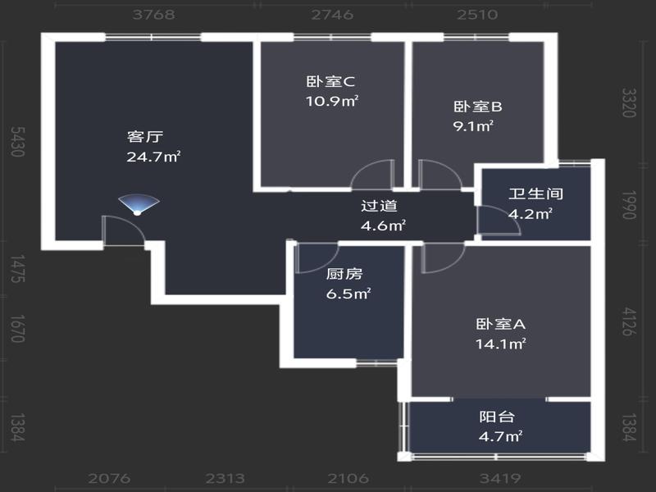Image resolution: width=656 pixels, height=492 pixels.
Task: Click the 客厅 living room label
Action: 145,137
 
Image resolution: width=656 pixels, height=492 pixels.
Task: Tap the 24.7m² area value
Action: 153,157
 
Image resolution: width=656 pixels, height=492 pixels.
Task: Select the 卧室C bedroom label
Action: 330,81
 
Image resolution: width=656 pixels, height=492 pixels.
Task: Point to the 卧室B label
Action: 478,107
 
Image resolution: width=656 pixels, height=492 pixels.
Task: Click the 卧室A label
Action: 500,324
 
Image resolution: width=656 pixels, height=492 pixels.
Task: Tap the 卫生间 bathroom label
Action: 536,194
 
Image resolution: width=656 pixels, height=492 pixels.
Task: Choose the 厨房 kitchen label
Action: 344,274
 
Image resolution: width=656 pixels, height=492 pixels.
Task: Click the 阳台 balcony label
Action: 497,417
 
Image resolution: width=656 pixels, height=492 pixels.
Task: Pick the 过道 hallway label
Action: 379,206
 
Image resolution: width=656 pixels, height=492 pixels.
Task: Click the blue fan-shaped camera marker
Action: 139,204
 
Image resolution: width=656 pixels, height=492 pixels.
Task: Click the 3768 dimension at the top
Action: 153,15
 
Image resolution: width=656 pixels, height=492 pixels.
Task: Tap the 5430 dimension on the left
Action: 17,141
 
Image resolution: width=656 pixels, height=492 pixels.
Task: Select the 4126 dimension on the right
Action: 628,321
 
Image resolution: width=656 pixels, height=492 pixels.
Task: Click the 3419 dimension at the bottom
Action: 500,478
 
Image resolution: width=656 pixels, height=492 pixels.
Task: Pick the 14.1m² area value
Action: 500,344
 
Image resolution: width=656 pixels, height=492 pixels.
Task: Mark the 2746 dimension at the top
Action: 332,15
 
